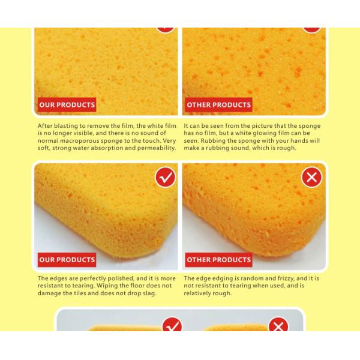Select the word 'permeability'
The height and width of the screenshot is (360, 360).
155,148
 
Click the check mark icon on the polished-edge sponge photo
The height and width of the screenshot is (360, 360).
165,178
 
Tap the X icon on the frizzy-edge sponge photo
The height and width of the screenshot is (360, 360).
311,178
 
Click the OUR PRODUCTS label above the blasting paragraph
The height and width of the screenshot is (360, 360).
67,105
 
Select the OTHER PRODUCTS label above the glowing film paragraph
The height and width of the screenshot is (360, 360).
218,105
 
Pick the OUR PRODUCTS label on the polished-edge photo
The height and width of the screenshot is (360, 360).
67,260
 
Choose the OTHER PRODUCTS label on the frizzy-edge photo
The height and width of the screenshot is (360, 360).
218,260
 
